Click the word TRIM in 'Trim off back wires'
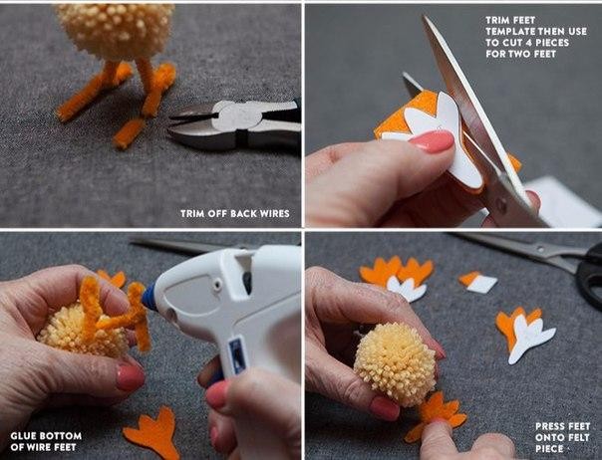point(192,214)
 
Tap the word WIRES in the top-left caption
point(275,214)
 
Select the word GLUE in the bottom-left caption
point(22,436)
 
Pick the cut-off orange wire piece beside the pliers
point(129,132)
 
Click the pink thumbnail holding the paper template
point(433,141)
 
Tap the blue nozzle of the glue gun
point(150,297)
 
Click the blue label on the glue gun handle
point(237,354)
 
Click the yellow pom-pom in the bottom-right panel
point(395,364)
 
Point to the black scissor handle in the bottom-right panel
point(589,276)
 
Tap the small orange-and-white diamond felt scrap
point(478,283)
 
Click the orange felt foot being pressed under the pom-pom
point(437,415)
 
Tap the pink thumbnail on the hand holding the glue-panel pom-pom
point(131,378)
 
